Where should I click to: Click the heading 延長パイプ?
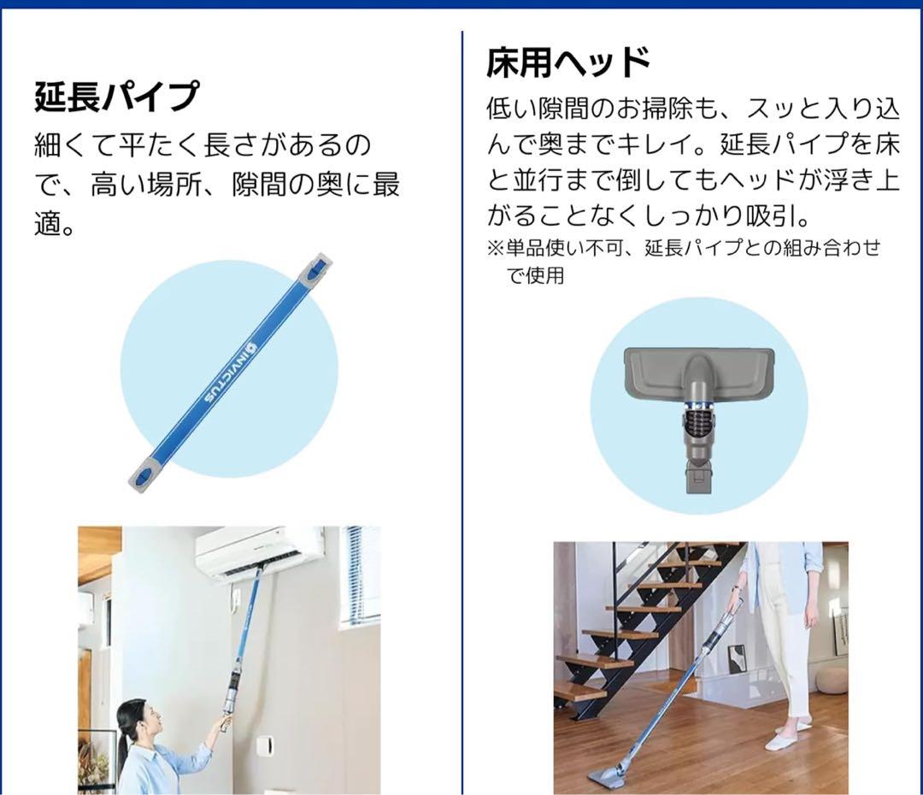[116, 96]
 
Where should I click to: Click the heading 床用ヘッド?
[568, 62]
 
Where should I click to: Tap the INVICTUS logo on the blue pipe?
[230, 369]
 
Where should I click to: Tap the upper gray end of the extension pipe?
[315, 268]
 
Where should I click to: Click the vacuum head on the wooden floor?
[614, 776]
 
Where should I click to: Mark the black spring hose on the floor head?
[697, 421]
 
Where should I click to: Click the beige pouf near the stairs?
[830, 680]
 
